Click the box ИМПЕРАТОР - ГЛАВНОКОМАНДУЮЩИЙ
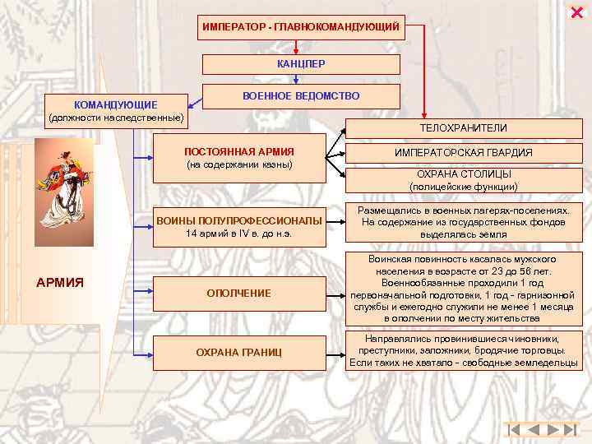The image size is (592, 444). [301, 28]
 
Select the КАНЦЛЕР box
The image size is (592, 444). [301, 64]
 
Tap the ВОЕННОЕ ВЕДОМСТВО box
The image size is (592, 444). [301, 96]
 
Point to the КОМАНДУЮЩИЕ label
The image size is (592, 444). [116, 105]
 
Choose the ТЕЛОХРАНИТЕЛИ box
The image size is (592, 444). [463, 128]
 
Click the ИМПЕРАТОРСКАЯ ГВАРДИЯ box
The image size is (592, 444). [463, 153]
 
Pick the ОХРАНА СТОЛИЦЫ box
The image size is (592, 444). [463, 180]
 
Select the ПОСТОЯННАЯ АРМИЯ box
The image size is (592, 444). [239, 158]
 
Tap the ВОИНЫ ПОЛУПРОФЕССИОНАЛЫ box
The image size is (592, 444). [239, 226]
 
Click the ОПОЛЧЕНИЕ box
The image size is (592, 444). [239, 294]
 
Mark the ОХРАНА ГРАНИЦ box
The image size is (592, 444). [239, 353]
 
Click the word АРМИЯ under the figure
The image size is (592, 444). [60, 283]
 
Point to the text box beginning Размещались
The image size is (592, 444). [463, 223]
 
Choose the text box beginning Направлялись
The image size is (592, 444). [463, 351]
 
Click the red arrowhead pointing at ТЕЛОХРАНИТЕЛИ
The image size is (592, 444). [424, 115]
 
